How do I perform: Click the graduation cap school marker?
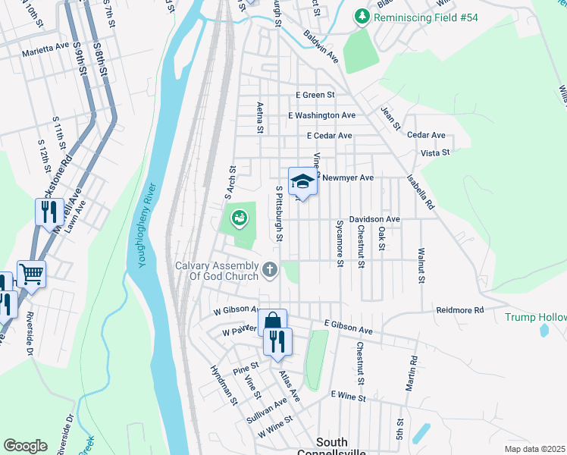click(x=302, y=182)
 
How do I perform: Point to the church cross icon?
click(x=269, y=269)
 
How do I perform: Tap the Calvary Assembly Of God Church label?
click(x=217, y=271)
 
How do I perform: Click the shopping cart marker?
click(x=31, y=274)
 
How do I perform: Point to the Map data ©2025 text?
click(x=535, y=449)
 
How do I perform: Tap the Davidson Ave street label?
click(x=374, y=219)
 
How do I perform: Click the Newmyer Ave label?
click(x=348, y=177)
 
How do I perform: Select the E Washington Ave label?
click(x=321, y=115)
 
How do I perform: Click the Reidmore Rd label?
click(x=459, y=310)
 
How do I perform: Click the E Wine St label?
click(x=348, y=397)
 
